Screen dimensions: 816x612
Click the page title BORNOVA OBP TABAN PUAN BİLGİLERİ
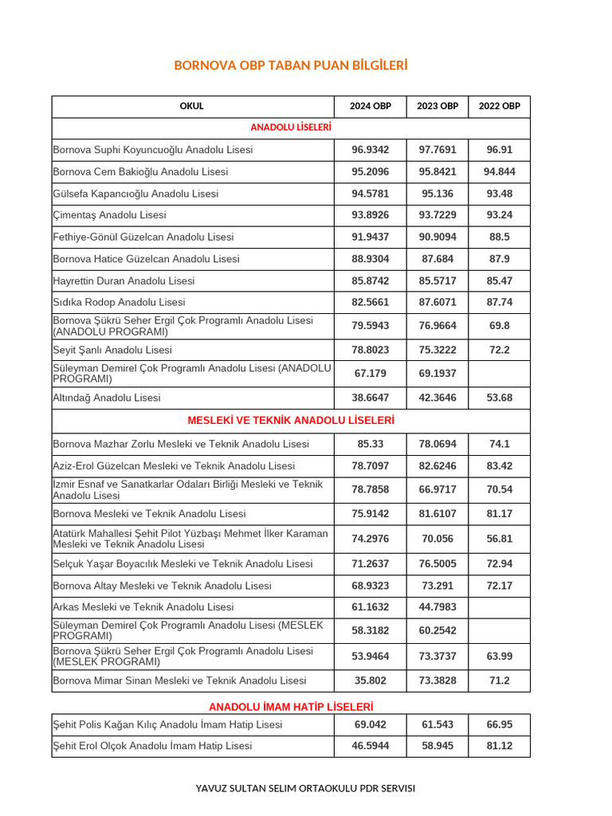(290, 65)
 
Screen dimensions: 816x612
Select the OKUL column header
(191, 106)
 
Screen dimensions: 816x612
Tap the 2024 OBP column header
(371, 106)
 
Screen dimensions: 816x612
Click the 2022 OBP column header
(500, 106)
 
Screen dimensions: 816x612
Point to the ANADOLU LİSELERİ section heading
(291, 127)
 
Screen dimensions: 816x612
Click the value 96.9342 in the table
(371, 150)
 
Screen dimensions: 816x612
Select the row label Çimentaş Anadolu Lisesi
(109, 215)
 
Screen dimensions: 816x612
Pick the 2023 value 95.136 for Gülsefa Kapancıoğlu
(437, 194)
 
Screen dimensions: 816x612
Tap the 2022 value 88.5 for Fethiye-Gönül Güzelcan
(500, 237)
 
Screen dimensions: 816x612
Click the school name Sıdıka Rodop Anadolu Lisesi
(119, 302)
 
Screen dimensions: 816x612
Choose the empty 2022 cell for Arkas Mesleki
(500, 607)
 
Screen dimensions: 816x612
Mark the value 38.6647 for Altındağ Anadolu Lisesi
(371, 398)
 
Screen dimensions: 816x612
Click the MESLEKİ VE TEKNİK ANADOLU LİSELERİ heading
(291, 420)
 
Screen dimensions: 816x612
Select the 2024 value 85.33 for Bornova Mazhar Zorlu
(371, 444)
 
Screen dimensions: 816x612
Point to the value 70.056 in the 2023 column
(437, 539)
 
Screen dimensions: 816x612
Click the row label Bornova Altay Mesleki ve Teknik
(162, 586)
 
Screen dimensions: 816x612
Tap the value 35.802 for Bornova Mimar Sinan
(371, 681)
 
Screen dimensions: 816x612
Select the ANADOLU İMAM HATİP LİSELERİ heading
(291, 707)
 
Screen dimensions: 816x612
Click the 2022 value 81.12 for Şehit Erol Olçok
(500, 746)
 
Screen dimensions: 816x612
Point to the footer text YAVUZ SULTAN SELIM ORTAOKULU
(305, 788)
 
